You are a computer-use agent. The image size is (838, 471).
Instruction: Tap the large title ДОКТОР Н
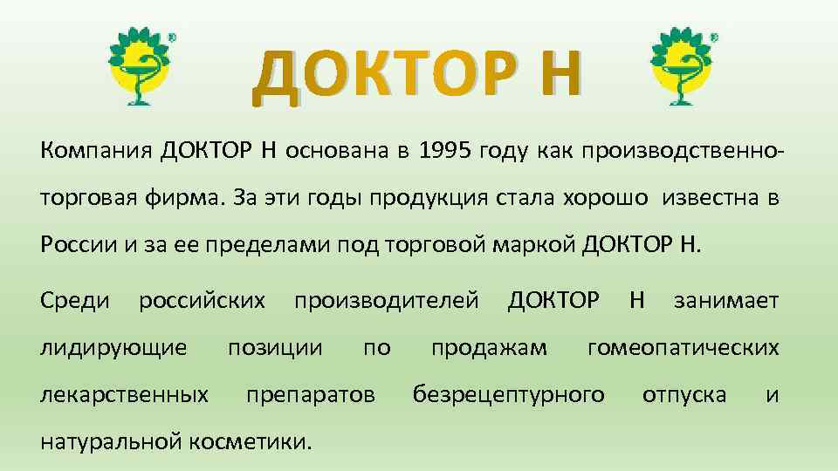(x=415, y=74)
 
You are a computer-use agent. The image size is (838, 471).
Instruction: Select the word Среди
(x=75, y=301)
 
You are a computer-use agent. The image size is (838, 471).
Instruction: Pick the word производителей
(x=386, y=301)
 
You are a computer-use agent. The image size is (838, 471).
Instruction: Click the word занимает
(x=725, y=301)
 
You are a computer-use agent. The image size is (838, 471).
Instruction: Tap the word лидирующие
(x=113, y=349)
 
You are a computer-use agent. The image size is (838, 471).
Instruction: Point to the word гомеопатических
(x=683, y=349)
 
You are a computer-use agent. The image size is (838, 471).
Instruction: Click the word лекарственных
(x=125, y=395)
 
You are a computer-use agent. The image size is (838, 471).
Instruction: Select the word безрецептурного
(x=508, y=395)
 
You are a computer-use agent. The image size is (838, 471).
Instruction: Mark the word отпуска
(x=683, y=395)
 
